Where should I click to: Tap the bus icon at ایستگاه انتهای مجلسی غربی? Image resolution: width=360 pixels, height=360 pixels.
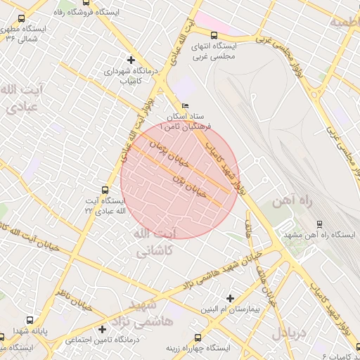pos(214,35)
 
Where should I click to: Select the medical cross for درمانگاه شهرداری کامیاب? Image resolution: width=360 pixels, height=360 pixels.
pos(131,60)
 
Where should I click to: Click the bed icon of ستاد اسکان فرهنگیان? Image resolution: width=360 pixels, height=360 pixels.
pos(185,105)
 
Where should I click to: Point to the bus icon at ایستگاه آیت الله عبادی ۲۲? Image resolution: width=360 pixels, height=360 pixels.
pos(105,190)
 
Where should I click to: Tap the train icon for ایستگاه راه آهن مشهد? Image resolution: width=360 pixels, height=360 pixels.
pos(320,224)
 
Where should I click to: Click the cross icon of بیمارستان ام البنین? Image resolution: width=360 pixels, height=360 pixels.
pos(229,298)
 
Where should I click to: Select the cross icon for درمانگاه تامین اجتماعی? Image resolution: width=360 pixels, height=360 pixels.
pos(103,329)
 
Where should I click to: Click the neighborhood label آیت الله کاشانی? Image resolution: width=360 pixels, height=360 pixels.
pos(155,241)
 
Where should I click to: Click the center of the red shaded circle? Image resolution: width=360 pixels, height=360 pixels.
pos(180,180)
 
